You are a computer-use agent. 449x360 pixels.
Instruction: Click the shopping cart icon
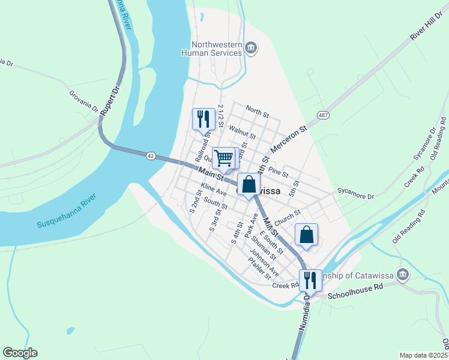click(223, 158)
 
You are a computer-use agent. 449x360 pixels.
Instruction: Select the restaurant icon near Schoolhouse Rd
click(310, 280)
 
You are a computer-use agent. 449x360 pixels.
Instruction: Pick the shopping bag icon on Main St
click(249, 185)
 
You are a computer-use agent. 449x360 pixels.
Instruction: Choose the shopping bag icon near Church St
click(306, 235)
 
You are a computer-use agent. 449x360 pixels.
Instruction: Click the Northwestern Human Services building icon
click(252, 47)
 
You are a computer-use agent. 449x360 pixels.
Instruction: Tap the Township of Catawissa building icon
click(403, 275)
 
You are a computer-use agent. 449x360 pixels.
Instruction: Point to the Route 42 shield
click(150, 155)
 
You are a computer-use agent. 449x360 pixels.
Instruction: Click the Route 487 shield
click(323, 115)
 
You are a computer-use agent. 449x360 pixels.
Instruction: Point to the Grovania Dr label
click(83, 101)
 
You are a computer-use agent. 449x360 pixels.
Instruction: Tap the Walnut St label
click(243, 133)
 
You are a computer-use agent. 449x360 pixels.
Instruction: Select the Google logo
click(20, 353)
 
